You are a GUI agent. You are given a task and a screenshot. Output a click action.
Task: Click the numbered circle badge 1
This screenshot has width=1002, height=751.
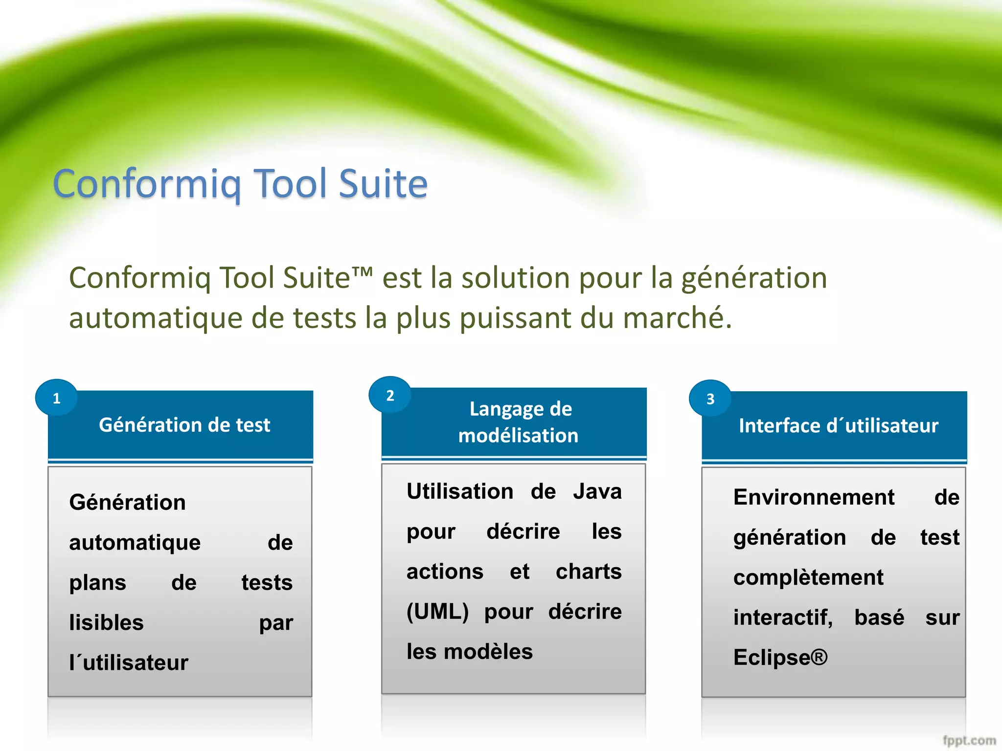point(57,398)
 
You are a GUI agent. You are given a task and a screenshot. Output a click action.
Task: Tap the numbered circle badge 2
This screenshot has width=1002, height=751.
point(390,395)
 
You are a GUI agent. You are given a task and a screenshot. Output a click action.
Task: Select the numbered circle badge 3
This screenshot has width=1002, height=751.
point(710,398)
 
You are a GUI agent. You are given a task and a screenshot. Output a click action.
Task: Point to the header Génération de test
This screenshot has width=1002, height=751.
point(184,424)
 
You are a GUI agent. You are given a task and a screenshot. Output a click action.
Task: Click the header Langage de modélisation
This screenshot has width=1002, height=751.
point(519,422)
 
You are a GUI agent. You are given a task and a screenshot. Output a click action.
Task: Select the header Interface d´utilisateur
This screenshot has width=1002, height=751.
point(838,425)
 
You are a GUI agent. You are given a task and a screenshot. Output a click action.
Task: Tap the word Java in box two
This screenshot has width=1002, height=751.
point(597,491)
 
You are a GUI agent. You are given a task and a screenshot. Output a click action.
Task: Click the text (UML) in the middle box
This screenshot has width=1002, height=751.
point(437,611)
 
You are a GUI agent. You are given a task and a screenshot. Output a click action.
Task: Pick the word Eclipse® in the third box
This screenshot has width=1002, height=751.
point(780,657)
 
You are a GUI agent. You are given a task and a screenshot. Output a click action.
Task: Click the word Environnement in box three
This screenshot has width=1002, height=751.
point(814,497)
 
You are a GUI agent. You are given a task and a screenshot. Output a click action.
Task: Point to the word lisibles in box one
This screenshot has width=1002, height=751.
point(107,622)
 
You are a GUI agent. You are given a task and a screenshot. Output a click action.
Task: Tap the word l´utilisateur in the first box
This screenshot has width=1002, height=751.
point(129,663)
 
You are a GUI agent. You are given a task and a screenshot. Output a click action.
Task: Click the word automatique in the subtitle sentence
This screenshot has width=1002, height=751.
point(156,318)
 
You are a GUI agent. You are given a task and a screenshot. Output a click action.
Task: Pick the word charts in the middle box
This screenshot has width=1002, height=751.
point(589,571)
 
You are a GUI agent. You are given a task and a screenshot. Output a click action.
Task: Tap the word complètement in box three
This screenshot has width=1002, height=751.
point(808,577)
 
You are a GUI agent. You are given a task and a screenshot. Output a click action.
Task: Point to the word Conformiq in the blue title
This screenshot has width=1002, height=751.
point(147,184)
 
